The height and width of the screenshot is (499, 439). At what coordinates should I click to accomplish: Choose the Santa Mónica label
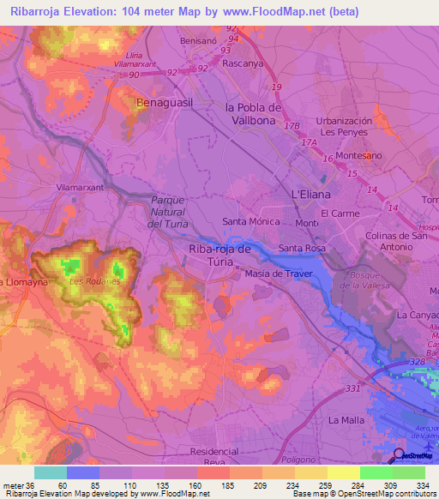251,221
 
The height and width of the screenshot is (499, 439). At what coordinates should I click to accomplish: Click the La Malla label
347,420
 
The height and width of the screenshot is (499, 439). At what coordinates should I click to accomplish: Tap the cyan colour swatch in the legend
50,472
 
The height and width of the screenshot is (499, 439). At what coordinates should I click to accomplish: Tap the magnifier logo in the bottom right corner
398,455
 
